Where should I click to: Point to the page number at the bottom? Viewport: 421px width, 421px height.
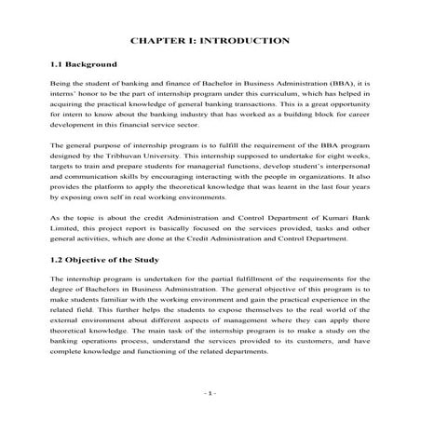coord(210,394)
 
